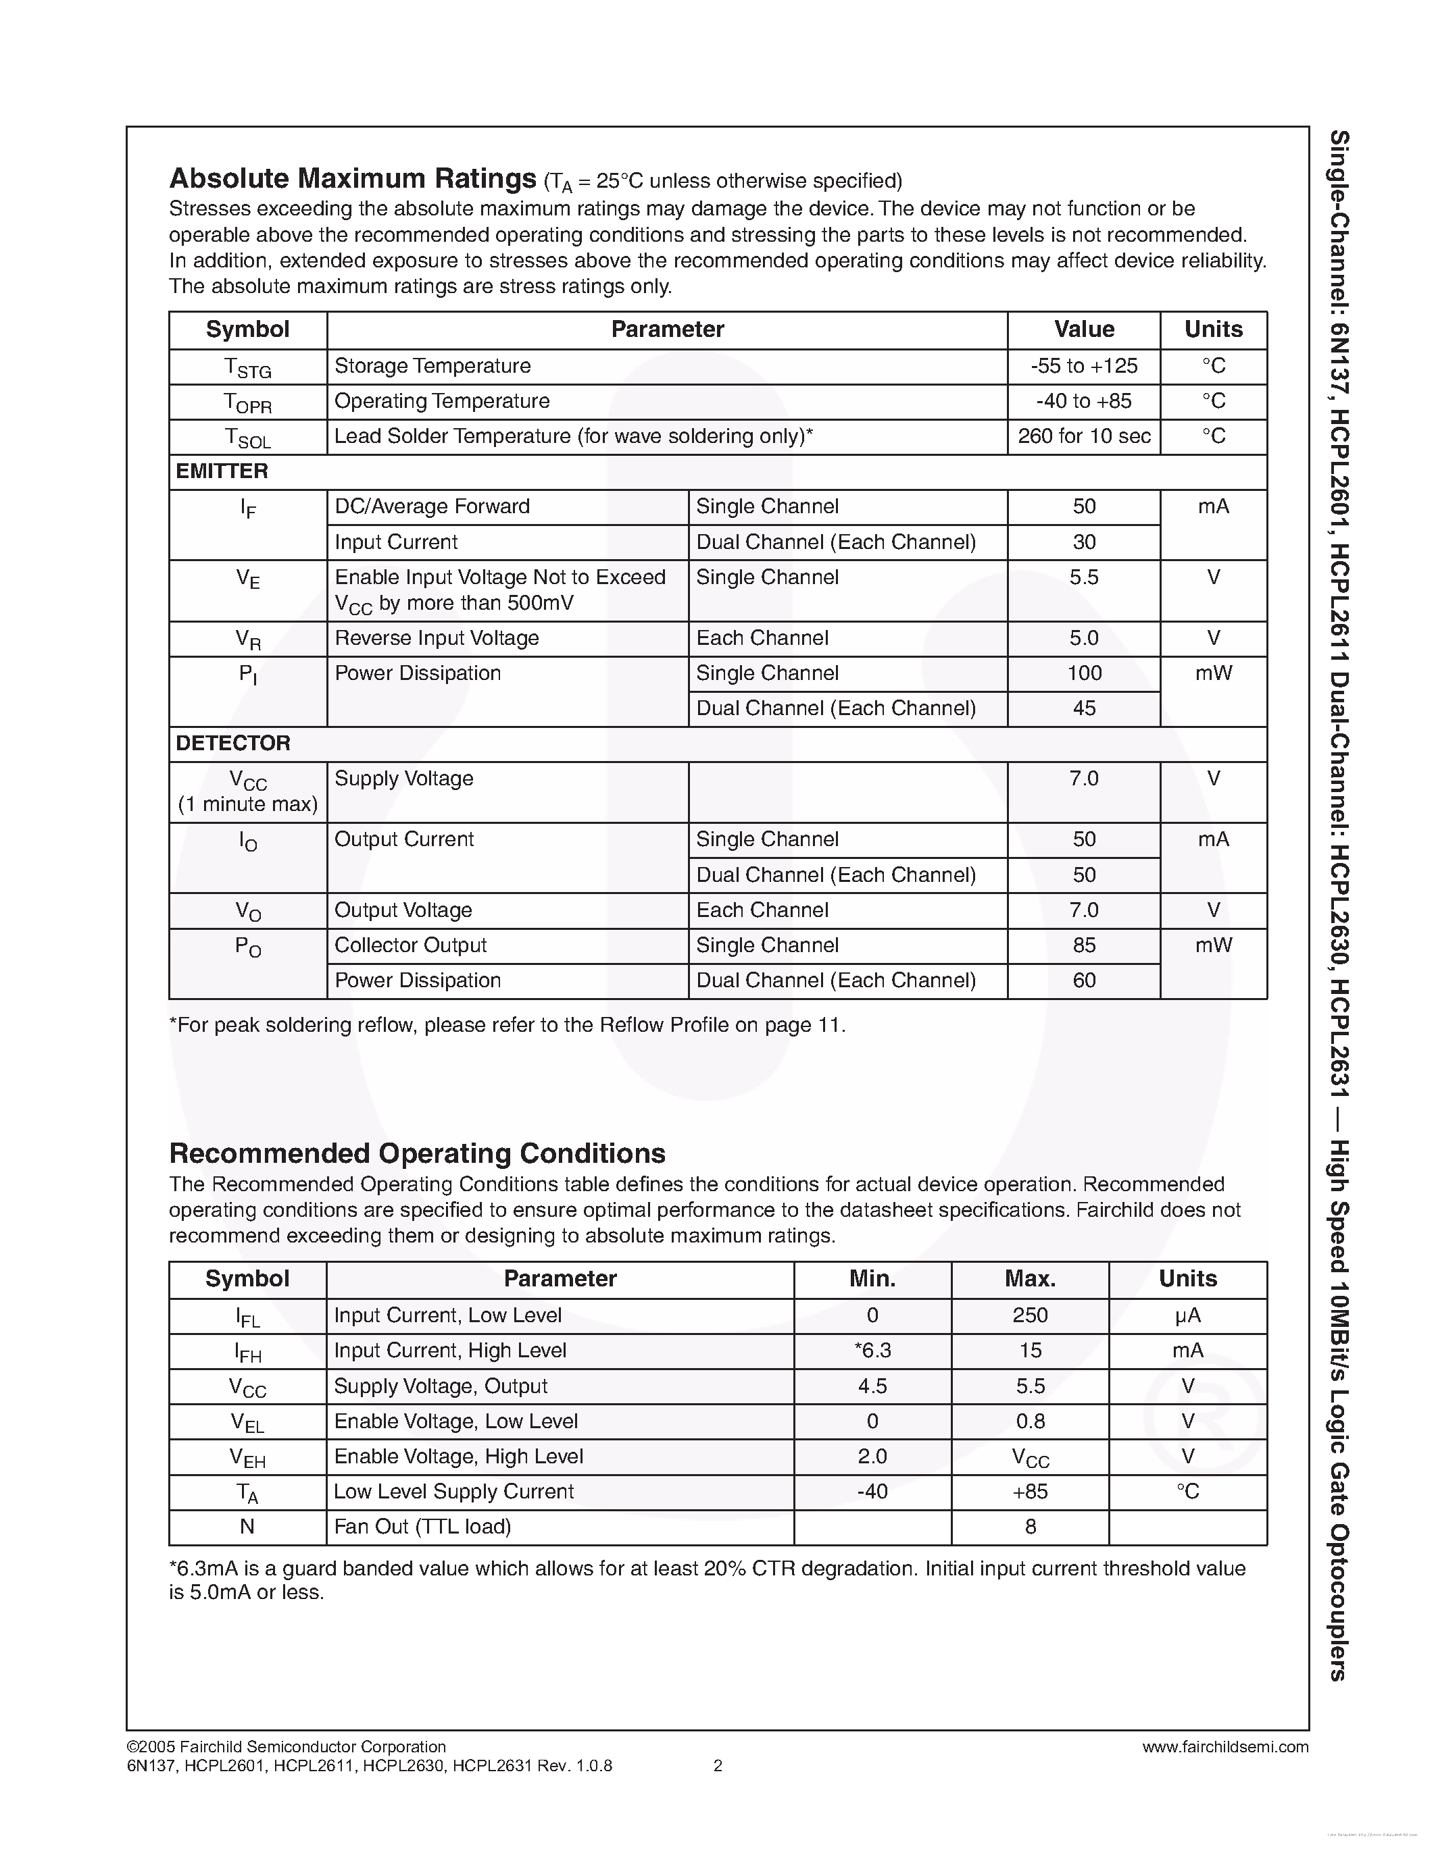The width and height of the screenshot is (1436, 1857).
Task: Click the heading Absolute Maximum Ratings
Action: [x=352, y=178]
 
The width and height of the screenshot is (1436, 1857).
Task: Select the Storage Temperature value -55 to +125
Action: [x=1083, y=367]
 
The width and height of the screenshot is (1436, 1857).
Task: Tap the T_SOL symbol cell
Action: [x=247, y=437]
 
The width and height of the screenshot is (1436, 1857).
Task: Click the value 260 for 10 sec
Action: [x=1083, y=436]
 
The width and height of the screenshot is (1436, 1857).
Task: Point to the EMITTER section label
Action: [x=222, y=471]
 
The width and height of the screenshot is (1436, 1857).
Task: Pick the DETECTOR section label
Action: [x=232, y=743]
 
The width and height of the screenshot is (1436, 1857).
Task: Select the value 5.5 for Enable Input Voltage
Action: [x=1083, y=577]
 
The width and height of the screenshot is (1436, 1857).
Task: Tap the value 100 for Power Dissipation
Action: [x=1083, y=673]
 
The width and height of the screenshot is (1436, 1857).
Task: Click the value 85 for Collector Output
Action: [x=1083, y=945]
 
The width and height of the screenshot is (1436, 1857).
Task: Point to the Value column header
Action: [x=1083, y=330]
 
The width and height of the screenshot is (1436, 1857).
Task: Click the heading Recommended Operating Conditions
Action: [x=417, y=1154]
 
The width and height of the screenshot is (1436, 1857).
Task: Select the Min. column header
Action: [x=872, y=1279]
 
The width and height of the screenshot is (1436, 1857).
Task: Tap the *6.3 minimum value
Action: [x=872, y=1351]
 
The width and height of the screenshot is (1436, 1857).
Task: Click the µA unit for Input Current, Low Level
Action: [x=1187, y=1315]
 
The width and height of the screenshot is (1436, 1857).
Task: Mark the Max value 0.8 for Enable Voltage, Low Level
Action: [x=1029, y=1421]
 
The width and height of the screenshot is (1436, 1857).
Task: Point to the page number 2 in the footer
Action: [x=717, y=1766]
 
